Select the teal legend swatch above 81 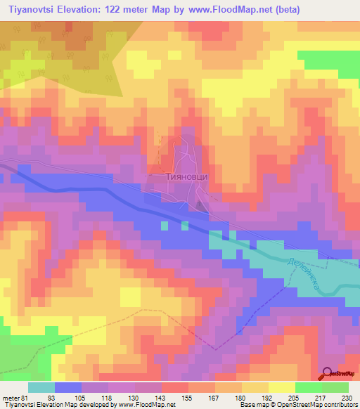[41, 387]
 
